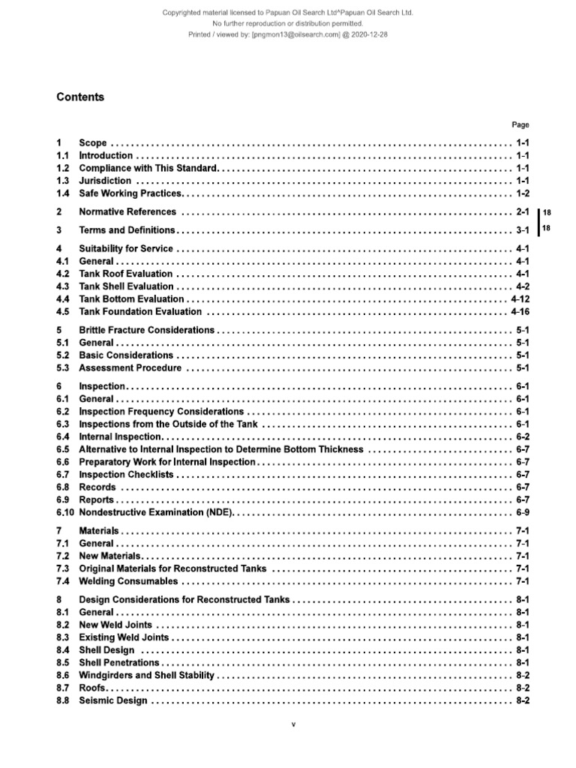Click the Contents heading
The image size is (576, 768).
(x=81, y=97)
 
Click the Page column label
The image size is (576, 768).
(x=520, y=125)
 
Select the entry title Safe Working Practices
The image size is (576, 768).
(x=130, y=193)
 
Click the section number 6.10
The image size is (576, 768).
(x=65, y=513)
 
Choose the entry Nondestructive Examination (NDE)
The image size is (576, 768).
(x=157, y=513)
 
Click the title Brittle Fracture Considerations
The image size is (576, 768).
(x=146, y=330)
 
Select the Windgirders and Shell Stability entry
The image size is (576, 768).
(x=146, y=676)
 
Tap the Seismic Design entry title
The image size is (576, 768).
(x=113, y=701)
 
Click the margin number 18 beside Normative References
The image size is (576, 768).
(x=547, y=213)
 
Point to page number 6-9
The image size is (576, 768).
(x=523, y=513)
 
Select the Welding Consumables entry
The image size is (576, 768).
(x=128, y=581)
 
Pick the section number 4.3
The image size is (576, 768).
(x=63, y=286)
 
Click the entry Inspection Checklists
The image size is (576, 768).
(x=126, y=475)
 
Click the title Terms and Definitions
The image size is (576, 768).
(x=127, y=230)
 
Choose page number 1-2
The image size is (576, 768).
(x=523, y=193)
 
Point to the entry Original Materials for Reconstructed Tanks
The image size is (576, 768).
(x=173, y=568)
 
